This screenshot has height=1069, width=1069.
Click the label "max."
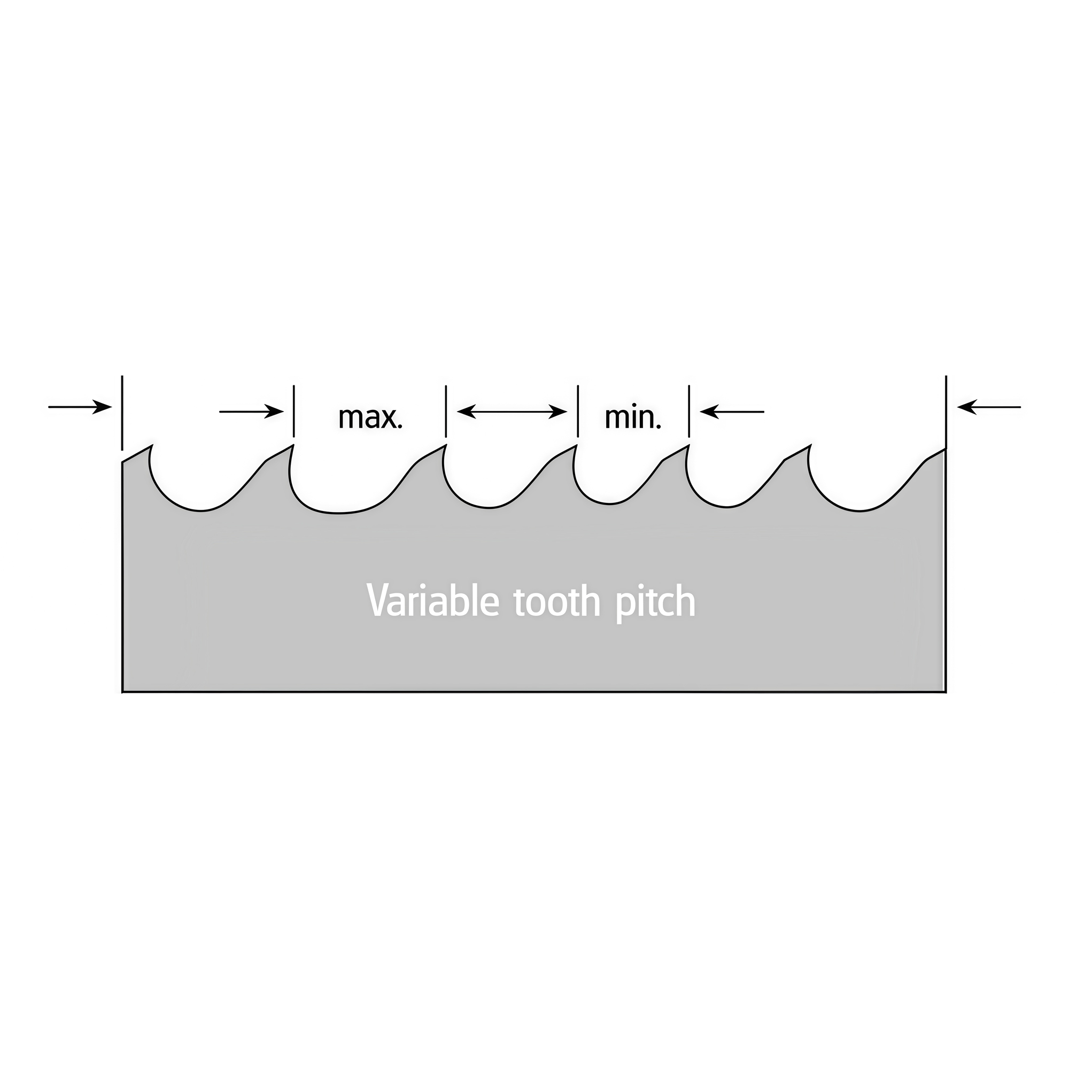coord(370,418)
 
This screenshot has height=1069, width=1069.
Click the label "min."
coord(633,418)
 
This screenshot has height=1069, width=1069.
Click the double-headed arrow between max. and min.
coord(512,411)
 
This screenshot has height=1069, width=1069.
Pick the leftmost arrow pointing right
coord(80,407)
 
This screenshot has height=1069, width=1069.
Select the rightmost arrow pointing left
coord(989,407)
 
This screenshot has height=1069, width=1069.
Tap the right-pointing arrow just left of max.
coord(252,411)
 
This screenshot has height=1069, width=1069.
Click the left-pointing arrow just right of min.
coord(732,411)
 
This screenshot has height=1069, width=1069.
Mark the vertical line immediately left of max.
coord(294,411)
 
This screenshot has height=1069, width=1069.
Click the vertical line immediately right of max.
coord(446,411)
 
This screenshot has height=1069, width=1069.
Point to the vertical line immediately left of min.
coord(578,411)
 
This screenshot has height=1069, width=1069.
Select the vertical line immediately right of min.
coord(690,411)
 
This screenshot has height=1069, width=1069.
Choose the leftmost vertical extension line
coord(122,413)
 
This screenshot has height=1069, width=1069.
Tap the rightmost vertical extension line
coord(946,413)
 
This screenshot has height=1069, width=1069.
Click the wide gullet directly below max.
coord(339,513)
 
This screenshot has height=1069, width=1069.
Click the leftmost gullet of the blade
coord(200,510)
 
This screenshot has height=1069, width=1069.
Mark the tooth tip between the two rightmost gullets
coord(811,445)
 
